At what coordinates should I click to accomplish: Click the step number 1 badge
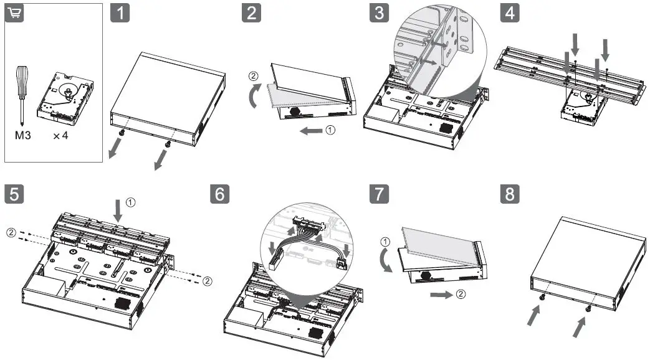click(120, 14)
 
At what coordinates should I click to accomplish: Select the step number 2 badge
click(251, 14)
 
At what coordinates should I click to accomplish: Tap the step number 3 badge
click(379, 14)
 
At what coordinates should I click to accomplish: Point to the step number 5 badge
click(14, 194)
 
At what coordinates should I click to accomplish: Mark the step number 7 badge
click(379, 194)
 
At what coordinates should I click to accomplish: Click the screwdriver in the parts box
click(22, 93)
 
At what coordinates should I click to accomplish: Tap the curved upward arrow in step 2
click(254, 97)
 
